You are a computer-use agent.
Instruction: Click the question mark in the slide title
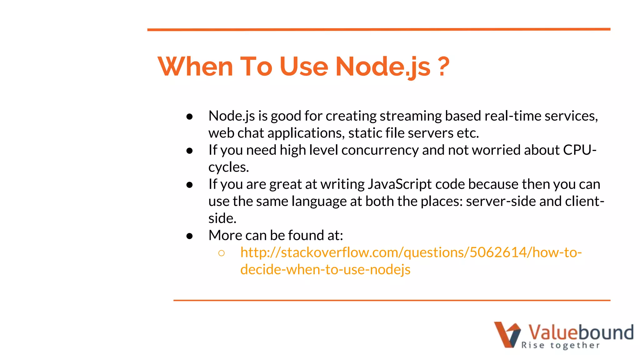pos(443,66)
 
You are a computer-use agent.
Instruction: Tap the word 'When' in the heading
pos(195,66)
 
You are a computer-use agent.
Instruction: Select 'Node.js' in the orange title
pos(383,66)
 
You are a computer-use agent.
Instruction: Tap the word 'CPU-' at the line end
pos(580,150)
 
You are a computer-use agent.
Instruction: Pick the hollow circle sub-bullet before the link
pos(222,253)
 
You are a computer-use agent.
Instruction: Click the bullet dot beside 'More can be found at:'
pos(189,236)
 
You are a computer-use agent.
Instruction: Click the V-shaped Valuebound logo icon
pos(507,334)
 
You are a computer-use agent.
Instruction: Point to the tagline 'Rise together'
pos(560,345)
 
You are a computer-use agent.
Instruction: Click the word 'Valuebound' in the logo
pos(581,332)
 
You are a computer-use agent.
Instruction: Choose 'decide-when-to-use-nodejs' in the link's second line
pos(325,269)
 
